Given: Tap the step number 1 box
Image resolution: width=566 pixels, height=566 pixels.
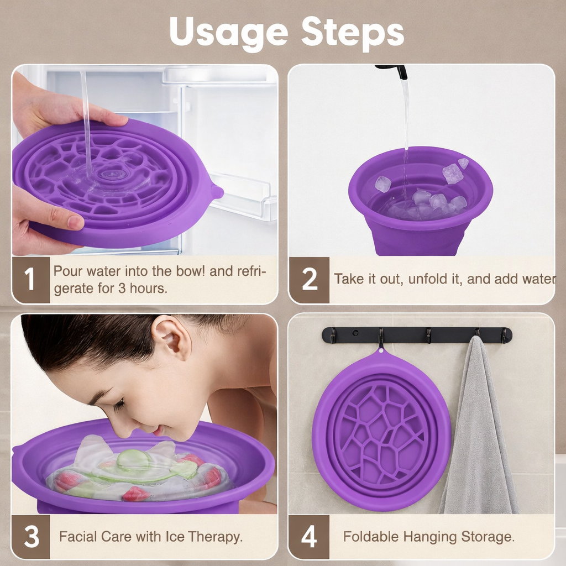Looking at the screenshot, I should tap(30, 280).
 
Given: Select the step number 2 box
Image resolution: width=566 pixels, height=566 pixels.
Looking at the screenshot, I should tap(309, 280).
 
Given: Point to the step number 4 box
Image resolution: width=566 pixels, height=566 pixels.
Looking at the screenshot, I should tap(309, 537).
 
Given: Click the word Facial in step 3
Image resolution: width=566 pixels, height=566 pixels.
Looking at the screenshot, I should tap(78, 537).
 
